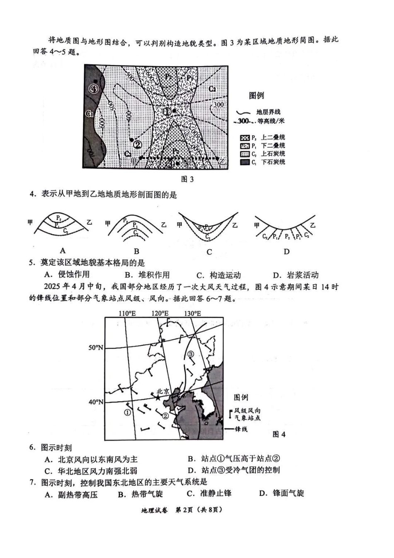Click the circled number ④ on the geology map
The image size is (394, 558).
(x=94, y=89)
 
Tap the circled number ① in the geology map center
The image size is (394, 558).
(x=167, y=111)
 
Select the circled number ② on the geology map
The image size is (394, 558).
(x=138, y=144)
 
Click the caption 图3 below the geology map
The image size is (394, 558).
(x=188, y=179)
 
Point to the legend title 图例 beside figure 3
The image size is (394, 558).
(x=256, y=95)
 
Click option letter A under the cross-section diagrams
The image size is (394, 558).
(x=63, y=250)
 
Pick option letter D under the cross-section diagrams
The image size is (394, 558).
(x=286, y=251)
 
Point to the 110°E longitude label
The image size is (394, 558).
(x=127, y=313)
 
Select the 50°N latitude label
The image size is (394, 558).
(x=96, y=348)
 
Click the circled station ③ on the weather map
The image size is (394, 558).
(x=190, y=354)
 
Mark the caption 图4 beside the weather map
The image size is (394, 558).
(x=279, y=434)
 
